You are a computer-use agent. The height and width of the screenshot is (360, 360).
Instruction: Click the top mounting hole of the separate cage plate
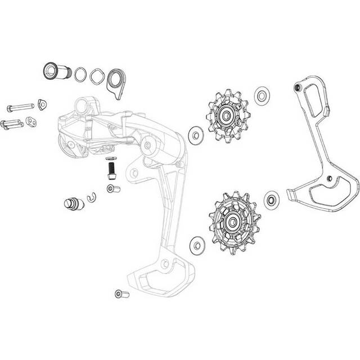coord(298,88)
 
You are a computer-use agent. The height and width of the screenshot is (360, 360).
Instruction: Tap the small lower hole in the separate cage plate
coord(328,180)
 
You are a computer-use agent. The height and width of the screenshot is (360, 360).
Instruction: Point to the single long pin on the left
coord(18,107)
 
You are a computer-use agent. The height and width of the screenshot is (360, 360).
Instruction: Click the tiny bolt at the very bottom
coord(121,293)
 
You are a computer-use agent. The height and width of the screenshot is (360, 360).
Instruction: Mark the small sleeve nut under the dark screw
coord(112,188)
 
